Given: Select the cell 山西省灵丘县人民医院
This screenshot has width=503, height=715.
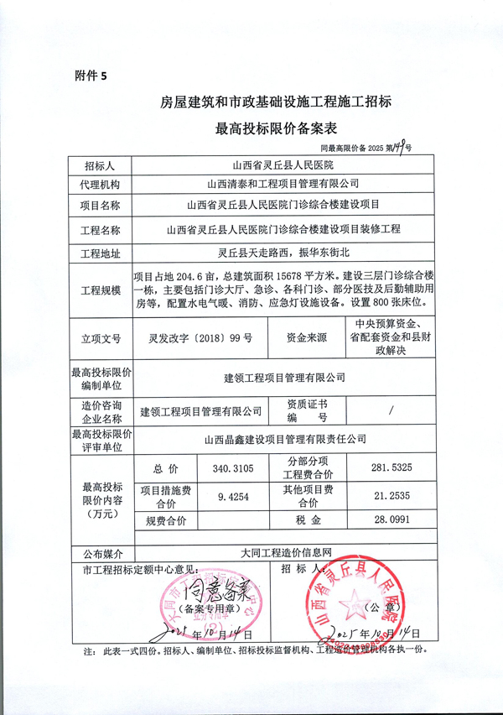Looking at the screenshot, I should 283,164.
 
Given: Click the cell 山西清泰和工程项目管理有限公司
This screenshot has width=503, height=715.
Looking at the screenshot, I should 283,183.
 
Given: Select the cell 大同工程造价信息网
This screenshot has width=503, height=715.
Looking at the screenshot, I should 283,554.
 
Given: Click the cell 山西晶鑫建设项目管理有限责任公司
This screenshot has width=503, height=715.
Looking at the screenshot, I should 283,438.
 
